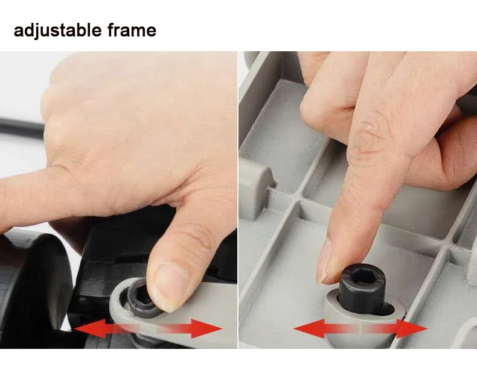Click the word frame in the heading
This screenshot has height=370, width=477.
[x=132, y=30]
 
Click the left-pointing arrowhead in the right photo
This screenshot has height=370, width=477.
[x=309, y=328]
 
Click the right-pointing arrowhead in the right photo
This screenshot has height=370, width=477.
[x=412, y=328]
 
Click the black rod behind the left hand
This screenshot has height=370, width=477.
[x=22, y=128]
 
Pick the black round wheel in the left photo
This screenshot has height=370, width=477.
[x=33, y=292]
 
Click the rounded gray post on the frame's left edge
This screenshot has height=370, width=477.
[x=255, y=188]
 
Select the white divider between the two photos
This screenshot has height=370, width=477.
[x=238, y=199]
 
